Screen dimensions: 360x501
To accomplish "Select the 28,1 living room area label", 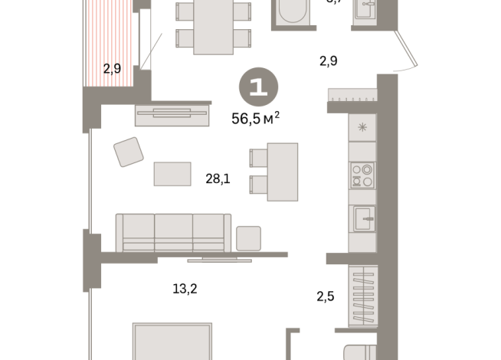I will click(x=218, y=178).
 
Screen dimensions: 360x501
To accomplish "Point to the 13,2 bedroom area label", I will click(x=185, y=289).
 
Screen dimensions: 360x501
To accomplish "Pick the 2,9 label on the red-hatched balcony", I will click(x=112, y=68).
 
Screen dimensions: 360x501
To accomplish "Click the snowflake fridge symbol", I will click(x=362, y=127).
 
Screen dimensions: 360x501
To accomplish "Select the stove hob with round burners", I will click(x=362, y=175).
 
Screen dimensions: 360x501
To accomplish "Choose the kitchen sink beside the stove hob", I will click(x=362, y=218).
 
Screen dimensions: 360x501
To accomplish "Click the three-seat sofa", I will click(x=173, y=231).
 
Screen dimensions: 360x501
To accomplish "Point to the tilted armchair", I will click(x=129, y=152).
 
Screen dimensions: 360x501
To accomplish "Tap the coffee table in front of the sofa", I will click(x=172, y=174).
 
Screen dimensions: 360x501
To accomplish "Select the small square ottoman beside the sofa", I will click(x=248, y=238).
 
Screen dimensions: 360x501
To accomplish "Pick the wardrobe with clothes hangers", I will click(x=362, y=295).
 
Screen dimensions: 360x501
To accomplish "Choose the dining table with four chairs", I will click(x=213, y=25).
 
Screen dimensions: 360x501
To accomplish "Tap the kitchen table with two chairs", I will click(x=280, y=171).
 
